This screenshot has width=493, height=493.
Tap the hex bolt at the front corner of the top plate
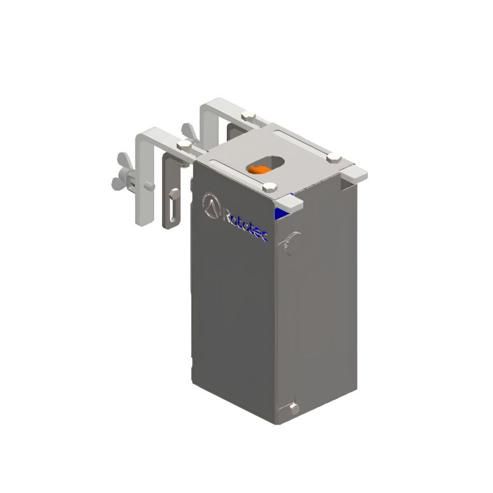tap(269, 187)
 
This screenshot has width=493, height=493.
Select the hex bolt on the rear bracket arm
tap(248, 115)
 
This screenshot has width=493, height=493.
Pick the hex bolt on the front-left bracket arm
tap(184, 145)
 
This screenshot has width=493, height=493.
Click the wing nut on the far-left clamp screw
tap(121, 174)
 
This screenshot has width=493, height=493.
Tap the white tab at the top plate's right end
tap(360, 172)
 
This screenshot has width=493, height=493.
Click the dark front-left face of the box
tap(231, 308)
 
